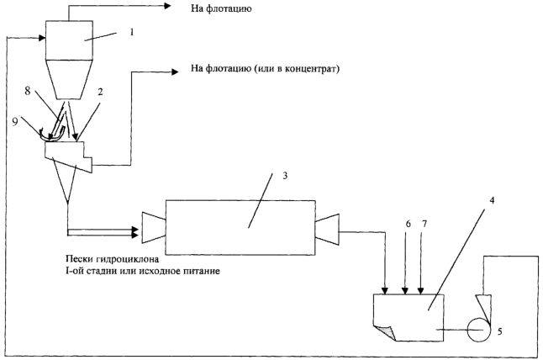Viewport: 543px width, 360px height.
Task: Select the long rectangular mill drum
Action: [239, 225]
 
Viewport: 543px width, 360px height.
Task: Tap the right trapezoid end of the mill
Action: [327, 225]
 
